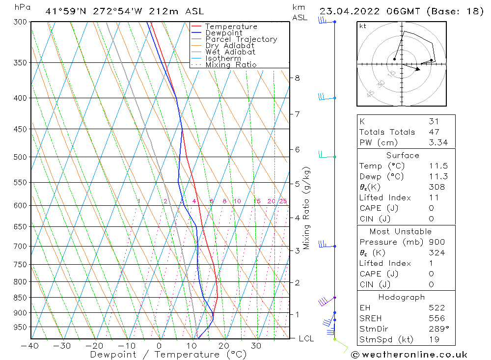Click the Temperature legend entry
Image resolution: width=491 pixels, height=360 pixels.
click(x=230, y=27)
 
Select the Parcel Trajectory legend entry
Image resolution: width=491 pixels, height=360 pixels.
click(x=241, y=39)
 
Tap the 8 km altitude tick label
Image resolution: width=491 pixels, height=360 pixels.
click(x=297, y=78)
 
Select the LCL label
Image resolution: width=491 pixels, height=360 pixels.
click(x=306, y=338)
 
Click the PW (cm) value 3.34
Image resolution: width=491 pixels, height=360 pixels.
click(x=437, y=143)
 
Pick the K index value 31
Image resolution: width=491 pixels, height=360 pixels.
click(x=434, y=121)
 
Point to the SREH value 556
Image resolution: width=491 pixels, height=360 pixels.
click(x=436, y=319)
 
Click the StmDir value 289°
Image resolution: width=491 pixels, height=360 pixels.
click(x=437, y=329)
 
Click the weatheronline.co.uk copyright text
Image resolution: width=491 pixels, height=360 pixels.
click(x=409, y=355)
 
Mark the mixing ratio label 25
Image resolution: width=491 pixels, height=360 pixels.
click(x=283, y=201)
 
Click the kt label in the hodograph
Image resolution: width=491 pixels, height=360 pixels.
click(x=362, y=26)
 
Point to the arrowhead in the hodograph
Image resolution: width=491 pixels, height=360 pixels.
click(x=417, y=69)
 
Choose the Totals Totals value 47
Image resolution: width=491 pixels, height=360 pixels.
click(x=434, y=132)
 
